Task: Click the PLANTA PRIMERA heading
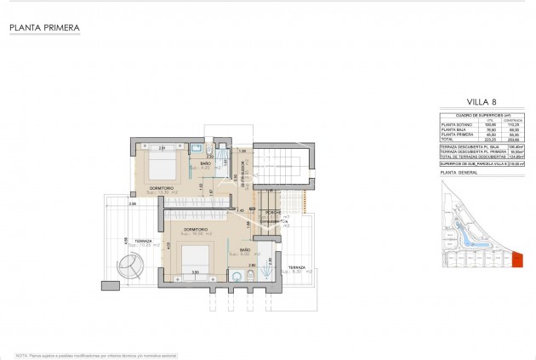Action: tap(44, 28)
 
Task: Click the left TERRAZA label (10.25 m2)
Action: tap(142, 242)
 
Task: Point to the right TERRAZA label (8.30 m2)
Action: tap(295, 268)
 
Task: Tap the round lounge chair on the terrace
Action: tap(133, 271)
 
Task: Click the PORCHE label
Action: tap(273, 211)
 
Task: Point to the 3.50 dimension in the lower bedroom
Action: tap(195, 272)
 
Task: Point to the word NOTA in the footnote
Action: tap(21, 352)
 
